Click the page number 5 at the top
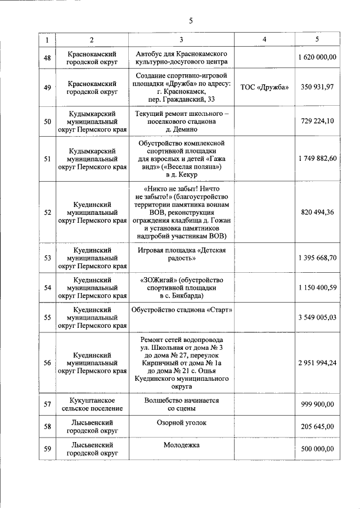[191, 21]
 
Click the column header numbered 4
[264, 39]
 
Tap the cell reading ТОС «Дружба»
[264, 87]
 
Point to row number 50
[47, 121]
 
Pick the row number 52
[47, 212]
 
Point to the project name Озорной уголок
[184, 422]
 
